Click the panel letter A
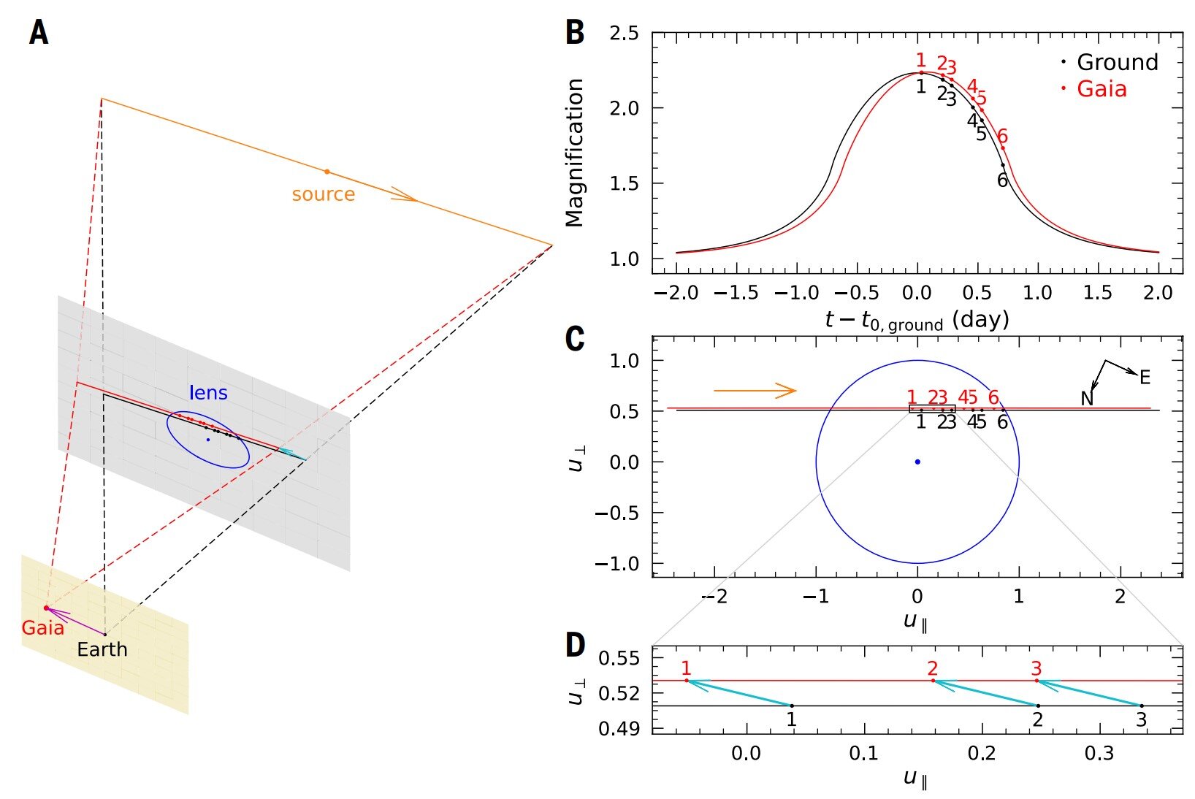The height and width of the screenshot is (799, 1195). pos(39,33)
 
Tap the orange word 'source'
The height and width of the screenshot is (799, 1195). pos(323,194)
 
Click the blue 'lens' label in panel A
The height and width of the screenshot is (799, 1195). pos(208,393)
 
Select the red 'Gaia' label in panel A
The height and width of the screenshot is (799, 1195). pos(42,627)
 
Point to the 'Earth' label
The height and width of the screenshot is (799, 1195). pos(102,649)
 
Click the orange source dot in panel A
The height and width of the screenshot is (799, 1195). pos(327,172)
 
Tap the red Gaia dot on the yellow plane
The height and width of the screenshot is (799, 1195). pos(47,608)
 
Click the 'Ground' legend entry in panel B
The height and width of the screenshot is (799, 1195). pos(1117,62)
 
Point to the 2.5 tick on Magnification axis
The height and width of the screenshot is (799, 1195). pos(623,34)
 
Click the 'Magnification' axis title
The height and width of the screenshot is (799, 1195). pos(576,153)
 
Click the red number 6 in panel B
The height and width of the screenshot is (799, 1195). pos(1002,136)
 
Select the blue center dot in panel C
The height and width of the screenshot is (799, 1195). pos(917,462)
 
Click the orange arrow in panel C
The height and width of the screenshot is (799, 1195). pos(755,391)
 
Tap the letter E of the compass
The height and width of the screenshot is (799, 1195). pos(1145,378)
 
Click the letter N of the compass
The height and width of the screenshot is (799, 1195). pos(1087,399)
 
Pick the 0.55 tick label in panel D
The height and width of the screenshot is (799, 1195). pos(619,658)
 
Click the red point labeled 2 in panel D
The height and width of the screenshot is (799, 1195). pos(933,681)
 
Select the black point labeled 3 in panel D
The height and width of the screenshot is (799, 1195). pos(1142,706)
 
